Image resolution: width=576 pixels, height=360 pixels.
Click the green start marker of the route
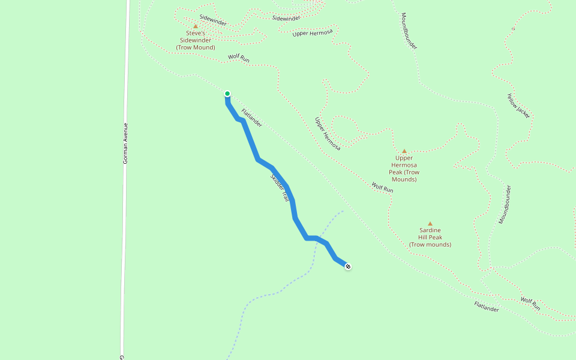point(227,94)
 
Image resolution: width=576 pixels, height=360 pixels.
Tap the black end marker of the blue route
point(348,266)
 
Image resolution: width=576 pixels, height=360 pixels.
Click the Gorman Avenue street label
point(125,144)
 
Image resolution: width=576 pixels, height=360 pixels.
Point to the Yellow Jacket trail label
point(518,106)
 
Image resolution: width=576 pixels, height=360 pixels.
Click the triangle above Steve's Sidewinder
point(195,26)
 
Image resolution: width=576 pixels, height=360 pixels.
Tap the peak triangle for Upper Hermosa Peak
point(404,151)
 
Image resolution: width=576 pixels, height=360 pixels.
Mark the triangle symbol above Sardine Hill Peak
point(430,224)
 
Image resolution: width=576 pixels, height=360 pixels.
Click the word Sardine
point(430,230)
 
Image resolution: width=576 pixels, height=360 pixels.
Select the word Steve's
point(196,34)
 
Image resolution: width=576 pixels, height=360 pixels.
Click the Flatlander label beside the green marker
point(252,118)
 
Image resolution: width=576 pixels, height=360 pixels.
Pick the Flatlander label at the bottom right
point(487,307)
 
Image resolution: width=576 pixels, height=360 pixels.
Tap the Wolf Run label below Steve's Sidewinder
point(238,59)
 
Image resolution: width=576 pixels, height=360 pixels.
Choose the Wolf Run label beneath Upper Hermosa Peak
point(382,187)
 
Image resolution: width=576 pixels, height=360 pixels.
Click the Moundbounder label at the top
point(409,31)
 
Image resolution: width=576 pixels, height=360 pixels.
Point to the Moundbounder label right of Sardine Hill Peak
point(505,205)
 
